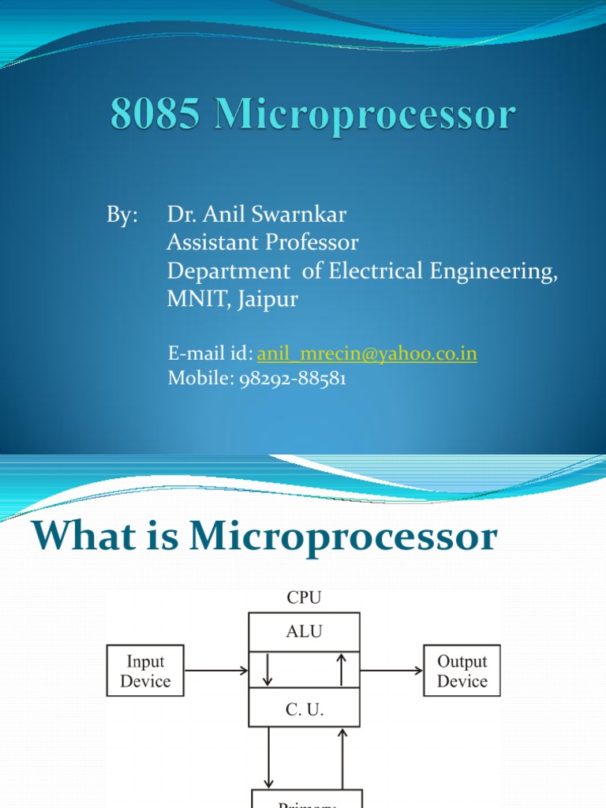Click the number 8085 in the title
pos(156,115)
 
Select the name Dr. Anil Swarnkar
pos(257,215)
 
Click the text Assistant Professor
pos(263,242)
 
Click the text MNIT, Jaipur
pos(233,299)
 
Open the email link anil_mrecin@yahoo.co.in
pos(367,353)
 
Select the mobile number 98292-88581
pos(292,379)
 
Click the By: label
pos(122,215)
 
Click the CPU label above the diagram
pos(304,598)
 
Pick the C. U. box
pos(304,708)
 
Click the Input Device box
pos(145,671)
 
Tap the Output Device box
pos(462,671)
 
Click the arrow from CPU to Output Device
pos(391,671)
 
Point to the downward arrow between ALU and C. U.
pos(268,670)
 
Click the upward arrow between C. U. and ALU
pos(341,670)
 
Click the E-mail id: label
pos(211,353)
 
